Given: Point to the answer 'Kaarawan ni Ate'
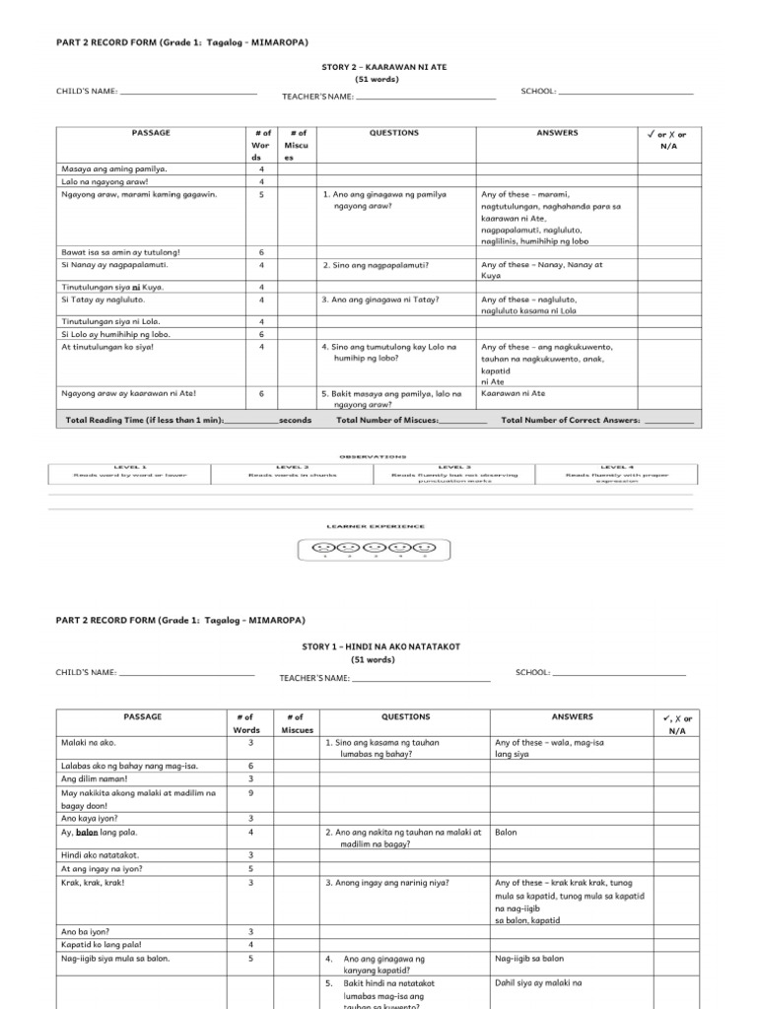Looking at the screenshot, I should (x=513, y=393).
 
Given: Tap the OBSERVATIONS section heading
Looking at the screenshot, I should (x=372, y=456).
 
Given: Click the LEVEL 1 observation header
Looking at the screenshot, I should (x=130, y=466).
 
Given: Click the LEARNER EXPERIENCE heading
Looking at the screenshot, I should (x=372, y=526).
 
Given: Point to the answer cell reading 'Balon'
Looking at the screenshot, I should (x=507, y=832).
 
